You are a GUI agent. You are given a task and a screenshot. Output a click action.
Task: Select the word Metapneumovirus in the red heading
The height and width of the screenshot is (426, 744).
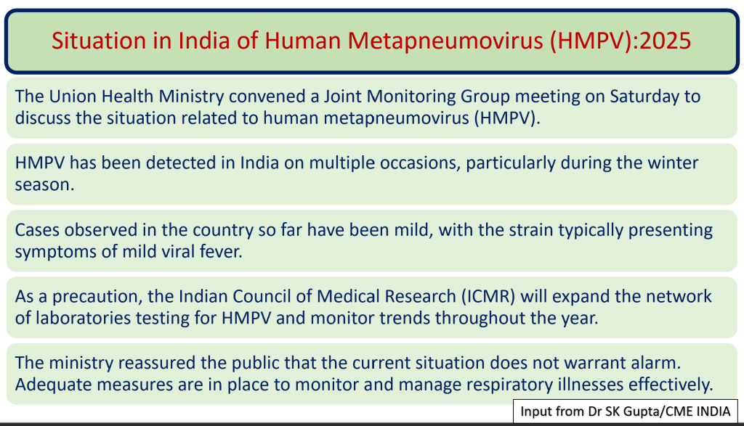[x=446, y=41]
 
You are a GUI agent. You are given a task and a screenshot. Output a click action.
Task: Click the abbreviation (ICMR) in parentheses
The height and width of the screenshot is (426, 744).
[x=489, y=297]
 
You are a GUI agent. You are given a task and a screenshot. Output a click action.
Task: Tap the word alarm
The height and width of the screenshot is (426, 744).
[x=656, y=363]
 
